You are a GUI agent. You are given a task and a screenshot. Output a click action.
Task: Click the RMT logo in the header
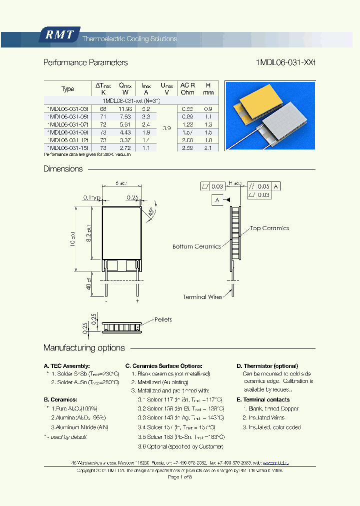point(59,34)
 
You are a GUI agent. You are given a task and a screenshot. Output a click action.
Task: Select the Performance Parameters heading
point(85,62)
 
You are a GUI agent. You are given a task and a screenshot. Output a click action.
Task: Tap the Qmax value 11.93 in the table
point(125,108)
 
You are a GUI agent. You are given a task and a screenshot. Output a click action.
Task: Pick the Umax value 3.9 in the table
point(167,128)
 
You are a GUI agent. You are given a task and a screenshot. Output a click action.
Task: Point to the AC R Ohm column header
point(187,88)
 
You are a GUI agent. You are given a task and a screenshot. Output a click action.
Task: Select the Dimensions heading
point(63,169)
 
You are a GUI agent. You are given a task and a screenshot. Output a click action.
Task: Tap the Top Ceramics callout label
point(269,228)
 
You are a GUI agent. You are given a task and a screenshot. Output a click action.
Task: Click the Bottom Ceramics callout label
point(196,246)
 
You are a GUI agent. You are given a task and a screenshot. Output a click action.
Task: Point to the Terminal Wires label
point(202,297)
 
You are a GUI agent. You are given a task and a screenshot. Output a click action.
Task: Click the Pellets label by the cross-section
point(163,319)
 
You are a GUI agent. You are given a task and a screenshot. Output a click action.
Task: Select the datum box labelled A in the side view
point(217,200)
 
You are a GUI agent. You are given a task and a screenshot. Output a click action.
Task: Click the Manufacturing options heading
point(84,348)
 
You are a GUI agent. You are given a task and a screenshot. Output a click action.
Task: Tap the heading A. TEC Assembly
point(67,366)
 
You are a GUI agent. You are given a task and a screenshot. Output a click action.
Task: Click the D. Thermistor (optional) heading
point(267,366)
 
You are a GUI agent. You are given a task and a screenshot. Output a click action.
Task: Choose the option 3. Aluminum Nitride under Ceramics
point(80,427)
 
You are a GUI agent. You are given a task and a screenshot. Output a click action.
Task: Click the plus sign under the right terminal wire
point(137,301)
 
